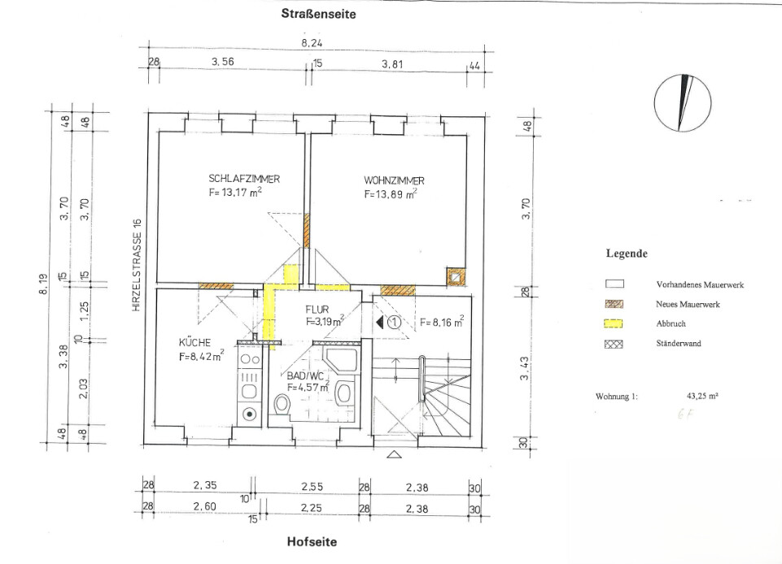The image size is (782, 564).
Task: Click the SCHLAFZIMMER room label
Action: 244,178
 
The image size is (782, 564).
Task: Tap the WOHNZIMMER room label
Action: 394,180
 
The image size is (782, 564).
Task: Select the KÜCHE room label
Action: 194,342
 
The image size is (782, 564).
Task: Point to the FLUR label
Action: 317,310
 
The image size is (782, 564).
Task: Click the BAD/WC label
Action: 302,375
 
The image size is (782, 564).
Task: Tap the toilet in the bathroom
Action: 282,404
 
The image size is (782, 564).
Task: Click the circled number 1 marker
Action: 395,323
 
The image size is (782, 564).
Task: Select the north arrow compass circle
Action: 683,104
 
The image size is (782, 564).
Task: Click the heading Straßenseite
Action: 319,14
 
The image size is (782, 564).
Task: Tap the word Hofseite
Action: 312,541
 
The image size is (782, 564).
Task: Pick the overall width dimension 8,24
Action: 312,43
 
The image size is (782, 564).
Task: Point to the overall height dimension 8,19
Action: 43,283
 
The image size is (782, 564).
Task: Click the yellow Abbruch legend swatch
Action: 614,323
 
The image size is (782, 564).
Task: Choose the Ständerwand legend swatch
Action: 614,343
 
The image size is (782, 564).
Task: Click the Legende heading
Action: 627,253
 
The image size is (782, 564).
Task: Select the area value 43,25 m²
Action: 702,397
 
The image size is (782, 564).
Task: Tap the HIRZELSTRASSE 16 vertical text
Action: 138,266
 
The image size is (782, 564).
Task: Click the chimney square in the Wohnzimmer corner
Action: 456,276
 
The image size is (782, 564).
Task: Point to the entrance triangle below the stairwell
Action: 395,454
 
